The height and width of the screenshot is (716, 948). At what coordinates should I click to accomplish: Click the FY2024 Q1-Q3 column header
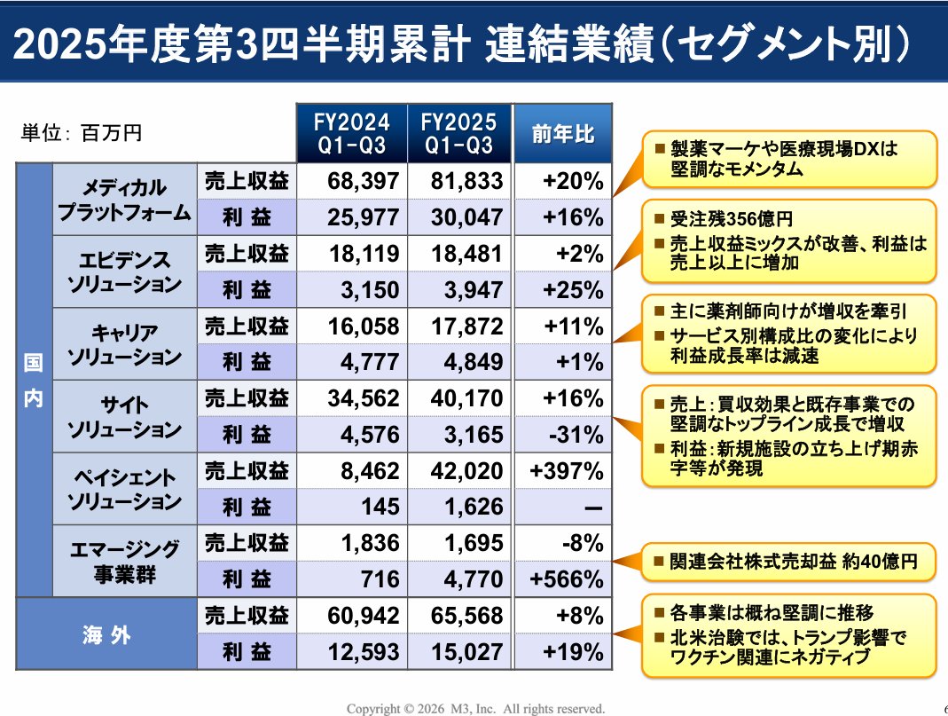click(352, 134)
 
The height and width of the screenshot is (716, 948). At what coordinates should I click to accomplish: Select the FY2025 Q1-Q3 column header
click(459, 134)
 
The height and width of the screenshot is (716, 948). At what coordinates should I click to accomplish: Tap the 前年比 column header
click(562, 134)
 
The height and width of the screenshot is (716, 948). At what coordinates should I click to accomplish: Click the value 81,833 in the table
click(465, 182)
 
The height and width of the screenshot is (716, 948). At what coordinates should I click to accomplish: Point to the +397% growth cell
click(566, 471)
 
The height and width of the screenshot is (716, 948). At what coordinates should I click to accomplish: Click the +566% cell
click(566, 579)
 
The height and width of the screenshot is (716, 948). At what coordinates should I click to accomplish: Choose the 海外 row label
click(106, 634)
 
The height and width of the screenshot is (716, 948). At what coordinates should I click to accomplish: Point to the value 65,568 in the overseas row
click(465, 616)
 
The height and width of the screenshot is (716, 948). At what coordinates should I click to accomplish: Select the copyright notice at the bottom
click(475, 708)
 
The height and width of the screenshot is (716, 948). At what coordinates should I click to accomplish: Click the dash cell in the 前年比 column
click(592, 507)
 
